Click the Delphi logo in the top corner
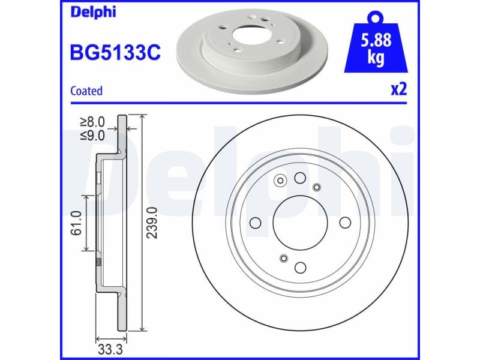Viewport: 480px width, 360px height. click(x=93, y=11)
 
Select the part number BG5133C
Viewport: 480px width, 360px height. click(x=116, y=52)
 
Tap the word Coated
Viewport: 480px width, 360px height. click(x=86, y=91)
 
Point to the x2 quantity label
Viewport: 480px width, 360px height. click(x=398, y=90)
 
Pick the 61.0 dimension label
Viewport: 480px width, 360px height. click(x=76, y=223)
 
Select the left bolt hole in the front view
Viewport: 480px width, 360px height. click(x=254, y=223)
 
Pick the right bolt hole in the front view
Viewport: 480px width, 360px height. click(x=344, y=223)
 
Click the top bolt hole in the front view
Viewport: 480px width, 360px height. click(x=299, y=178)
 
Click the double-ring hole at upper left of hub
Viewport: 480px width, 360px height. click(x=280, y=180)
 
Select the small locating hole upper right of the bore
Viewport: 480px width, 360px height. click(x=316, y=187)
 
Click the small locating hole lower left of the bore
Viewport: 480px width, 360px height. click(x=283, y=259)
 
